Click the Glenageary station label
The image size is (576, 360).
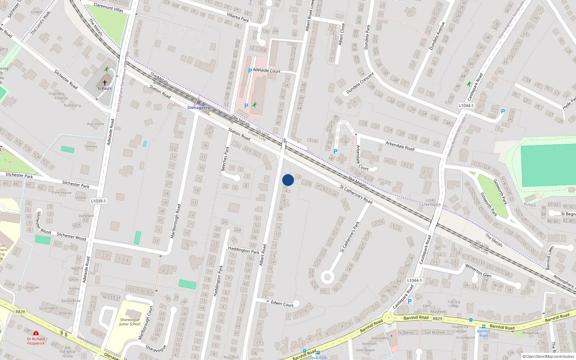tap(199, 108)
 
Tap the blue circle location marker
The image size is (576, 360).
tap(288, 180)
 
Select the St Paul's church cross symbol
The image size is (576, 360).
tap(105, 83)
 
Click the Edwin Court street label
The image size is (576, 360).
tap(282, 303)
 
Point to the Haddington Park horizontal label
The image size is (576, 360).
tap(243, 250)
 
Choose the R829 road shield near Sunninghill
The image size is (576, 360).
tap(20, 312)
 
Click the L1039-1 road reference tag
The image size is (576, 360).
tap(98, 201)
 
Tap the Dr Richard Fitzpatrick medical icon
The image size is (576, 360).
tap(36, 333)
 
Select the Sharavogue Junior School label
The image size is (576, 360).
tap(130, 321)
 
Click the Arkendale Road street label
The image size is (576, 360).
tap(400, 146)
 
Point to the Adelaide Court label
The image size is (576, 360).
tap(267, 71)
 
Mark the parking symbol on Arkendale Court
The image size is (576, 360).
tap(336, 152)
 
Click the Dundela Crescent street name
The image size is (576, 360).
tap(360, 83)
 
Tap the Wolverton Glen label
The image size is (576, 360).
tap(478, 270)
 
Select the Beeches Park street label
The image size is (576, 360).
tap(225, 159)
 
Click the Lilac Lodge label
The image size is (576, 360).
tap(431, 204)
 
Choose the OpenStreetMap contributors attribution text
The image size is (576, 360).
tap(548, 356)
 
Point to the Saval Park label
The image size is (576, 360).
tap(318, 357)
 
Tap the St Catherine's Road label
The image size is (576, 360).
tap(356, 194)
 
